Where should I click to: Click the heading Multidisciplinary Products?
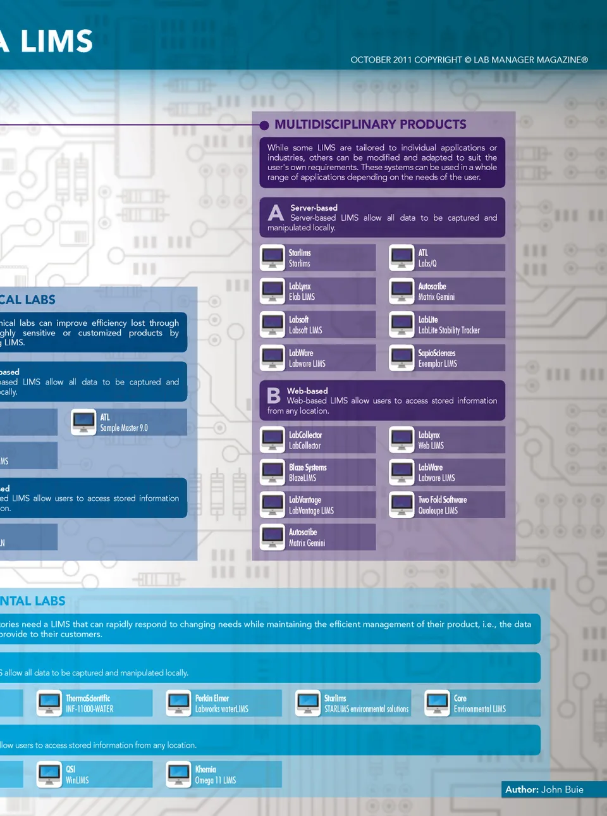click(x=370, y=125)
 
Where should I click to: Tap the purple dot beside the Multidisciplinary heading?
click(x=264, y=125)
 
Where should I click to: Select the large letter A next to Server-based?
click(x=276, y=213)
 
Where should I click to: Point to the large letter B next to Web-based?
click(x=274, y=396)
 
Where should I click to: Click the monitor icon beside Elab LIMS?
click(x=273, y=291)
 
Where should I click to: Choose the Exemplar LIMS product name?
click(x=437, y=364)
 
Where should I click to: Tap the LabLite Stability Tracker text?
click(x=448, y=330)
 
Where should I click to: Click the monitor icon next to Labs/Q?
click(x=402, y=257)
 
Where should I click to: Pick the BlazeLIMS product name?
click(x=302, y=478)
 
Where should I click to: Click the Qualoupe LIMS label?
click(x=438, y=510)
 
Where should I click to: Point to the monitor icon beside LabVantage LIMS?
click(x=273, y=505)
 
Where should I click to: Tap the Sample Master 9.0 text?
click(x=124, y=428)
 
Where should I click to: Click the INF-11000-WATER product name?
click(x=90, y=709)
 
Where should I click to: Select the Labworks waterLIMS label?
click(x=221, y=709)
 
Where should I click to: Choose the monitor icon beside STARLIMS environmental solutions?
click(x=309, y=703)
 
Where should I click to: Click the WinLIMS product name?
click(x=77, y=781)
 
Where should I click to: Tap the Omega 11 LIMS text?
click(x=215, y=781)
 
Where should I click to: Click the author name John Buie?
click(x=562, y=789)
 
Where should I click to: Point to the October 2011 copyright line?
click(x=469, y=60)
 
